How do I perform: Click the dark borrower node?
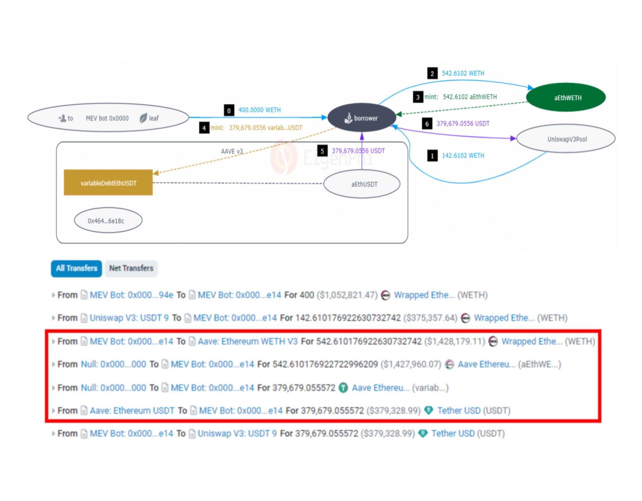(362, 118)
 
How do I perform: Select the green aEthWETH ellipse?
(566, 98)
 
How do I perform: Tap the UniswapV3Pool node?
(566, 139)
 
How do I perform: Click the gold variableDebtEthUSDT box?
(108, 183)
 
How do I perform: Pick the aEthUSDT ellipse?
(362, 184)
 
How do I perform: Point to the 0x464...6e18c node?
(108, 221)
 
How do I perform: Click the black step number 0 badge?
(229, 111)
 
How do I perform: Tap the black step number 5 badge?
(322, 151)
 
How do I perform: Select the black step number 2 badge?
(432, 73)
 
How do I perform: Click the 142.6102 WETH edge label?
(463, 155)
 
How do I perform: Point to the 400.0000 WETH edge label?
(259, 110)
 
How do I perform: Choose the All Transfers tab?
(76, 268)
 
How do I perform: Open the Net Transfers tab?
(131, 268)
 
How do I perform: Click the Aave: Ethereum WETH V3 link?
(248, 342)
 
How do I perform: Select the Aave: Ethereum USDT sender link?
(132, 410)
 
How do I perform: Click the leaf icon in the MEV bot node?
(143, 118)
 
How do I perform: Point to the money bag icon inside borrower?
(348, 118)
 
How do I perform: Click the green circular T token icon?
(343, 388)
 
